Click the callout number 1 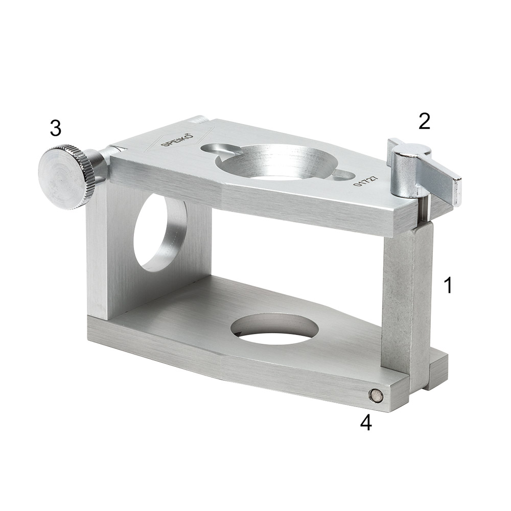(449, 285)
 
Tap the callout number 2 (424, 121)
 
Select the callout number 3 (56, 128)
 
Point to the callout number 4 (366, 423)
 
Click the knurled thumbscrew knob (67, 177)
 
